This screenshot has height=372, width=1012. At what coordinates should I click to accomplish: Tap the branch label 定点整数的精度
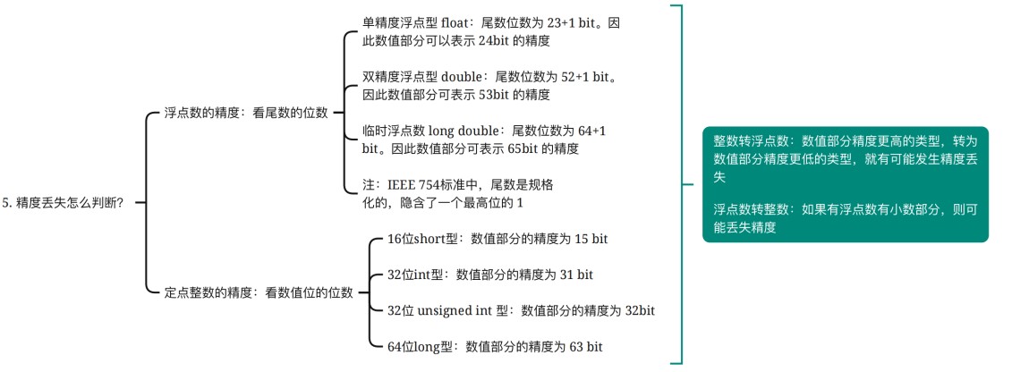click(x=207, y=292)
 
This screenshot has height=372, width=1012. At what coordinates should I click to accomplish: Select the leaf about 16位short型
click(x=497, y=239)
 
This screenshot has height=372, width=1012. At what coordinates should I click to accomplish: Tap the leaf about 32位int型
click(x=489, y=275)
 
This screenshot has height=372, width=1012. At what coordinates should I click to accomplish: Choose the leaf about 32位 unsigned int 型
click(x=522, y=311)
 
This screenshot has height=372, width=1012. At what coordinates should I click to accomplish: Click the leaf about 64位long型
click(x=495, y=346)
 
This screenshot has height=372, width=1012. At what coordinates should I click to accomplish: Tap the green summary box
click(x=846, y=184)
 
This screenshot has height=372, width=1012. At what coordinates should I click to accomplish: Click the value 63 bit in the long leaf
click(x=586, y=346)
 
